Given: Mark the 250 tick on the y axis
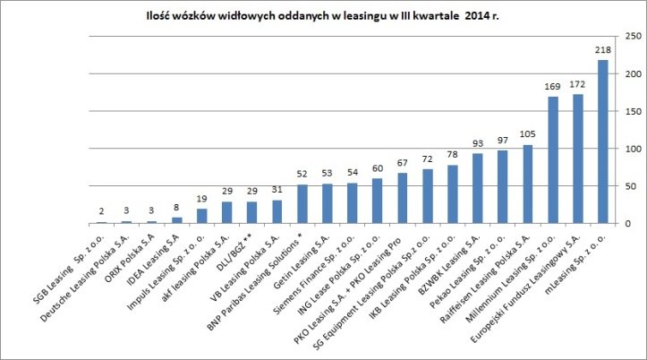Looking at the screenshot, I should [633, 37].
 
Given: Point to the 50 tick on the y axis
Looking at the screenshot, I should [633, 186].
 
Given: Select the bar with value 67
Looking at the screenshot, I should [403, 198].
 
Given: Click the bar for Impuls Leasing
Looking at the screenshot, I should [202, 216].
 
